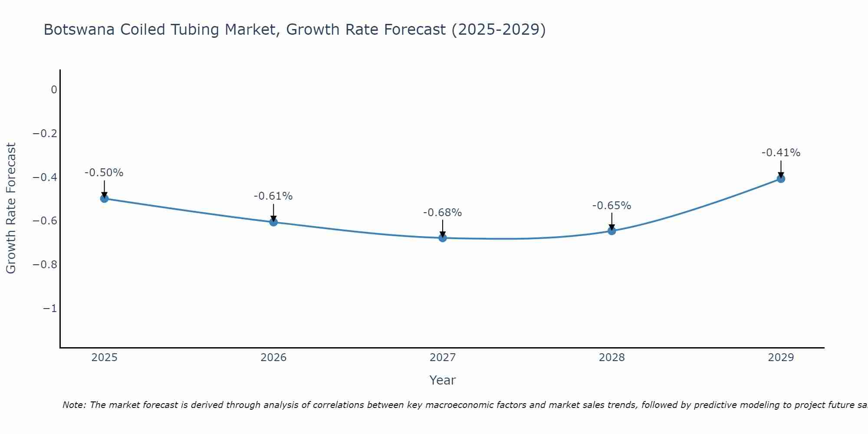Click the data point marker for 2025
click(104, 198)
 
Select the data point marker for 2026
click(273, 222)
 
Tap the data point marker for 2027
click(443, 238)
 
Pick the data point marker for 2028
click(612, 230)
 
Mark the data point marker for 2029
click(781, 178)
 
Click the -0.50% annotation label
click(104, 173)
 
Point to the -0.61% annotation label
click(273, 196)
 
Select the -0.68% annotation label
click(442, 213)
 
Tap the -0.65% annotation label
click(612, 206)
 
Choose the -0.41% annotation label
click(781, 153)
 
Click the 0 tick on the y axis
click(54, 90)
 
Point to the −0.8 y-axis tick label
click(45, 265)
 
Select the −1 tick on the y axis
click(49, 309)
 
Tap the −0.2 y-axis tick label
click(45, 133)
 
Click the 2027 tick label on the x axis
click(443, 358)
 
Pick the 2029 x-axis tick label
click(781, 358)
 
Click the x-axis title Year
click(443, 380)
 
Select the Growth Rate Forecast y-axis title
click(11, 208)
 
